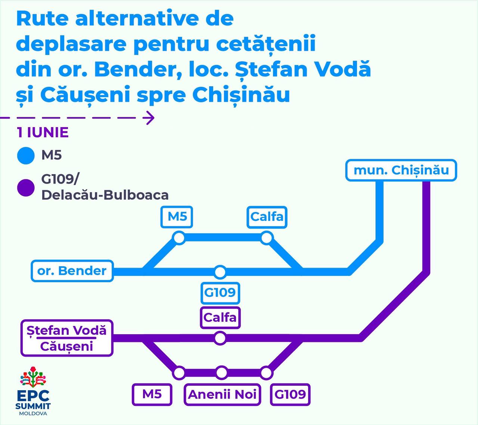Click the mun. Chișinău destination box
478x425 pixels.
click(401, 170)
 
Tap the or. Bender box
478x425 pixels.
click(72, 271)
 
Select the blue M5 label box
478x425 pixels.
click(177, 216)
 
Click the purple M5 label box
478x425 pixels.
click(152, 394)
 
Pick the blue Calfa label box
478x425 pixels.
click(267, 216)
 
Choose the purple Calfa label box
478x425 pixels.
click(220, 317)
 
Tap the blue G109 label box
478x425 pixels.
click(220, 292)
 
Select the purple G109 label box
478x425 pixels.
click(290, 394)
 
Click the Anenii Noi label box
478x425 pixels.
click(222, 394)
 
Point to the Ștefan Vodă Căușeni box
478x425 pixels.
click(67, 338)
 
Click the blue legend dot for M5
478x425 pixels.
click(26, 155)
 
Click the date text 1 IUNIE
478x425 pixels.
click(43, 132)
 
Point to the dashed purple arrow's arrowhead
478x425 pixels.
click(150, 118)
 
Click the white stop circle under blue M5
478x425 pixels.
click(179, 238)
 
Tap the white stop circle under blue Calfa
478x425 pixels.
click(267, 238)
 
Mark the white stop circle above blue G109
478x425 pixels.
click(220, 272)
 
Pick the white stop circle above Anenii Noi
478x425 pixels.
click(222, 373)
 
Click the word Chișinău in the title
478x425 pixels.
click(241, 95)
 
